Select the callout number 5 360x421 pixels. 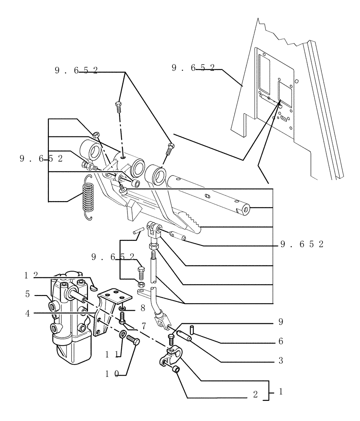[x=27, y=294]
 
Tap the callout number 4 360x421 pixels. [x=27, y=313]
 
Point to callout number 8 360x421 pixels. [x=143, y=308]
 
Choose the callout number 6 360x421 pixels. [x=281, y=341]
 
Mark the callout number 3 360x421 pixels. [x=281, y=361]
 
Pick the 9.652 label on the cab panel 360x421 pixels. [x=193, y=67]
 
